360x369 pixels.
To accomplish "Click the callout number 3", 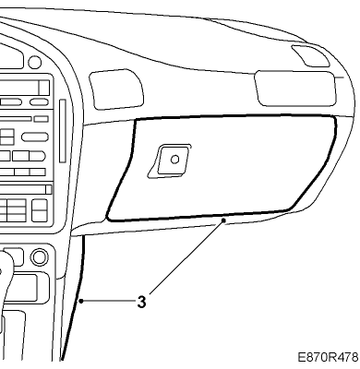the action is [x=141, y=302].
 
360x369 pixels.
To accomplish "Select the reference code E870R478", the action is [x=328, y=357].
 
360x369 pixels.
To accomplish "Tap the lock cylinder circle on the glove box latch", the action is [x=174, y=160].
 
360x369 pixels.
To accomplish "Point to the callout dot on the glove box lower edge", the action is [x=223, y=220].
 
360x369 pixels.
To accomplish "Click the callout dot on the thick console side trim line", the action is [x=81, y=301].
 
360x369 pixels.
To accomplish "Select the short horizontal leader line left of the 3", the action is [x=109, y=301].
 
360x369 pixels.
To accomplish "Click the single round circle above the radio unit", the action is [x=35, y=63].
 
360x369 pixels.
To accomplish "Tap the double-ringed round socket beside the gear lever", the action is [x=40, y=257].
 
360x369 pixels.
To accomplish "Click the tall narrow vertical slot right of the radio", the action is [x=63, y=131].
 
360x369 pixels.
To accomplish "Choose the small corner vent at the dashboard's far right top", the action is [x=310, y=55].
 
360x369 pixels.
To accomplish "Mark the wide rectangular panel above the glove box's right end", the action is [x=295, y=89].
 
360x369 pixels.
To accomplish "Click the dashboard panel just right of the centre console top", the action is [x=116, y=89].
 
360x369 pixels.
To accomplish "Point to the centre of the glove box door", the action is [x=222, y=168].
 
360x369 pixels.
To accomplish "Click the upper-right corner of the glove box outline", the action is [x=334, y=118].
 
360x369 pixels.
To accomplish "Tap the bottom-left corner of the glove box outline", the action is [x=108, y=219].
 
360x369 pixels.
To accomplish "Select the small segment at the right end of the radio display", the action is [x=43, y=88].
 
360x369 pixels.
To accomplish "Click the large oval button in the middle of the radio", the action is [x=35, y=137].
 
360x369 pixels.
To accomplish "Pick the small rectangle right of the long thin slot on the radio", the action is [x=41, y=119].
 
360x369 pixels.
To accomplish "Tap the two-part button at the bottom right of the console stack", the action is [x=40, y=210].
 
